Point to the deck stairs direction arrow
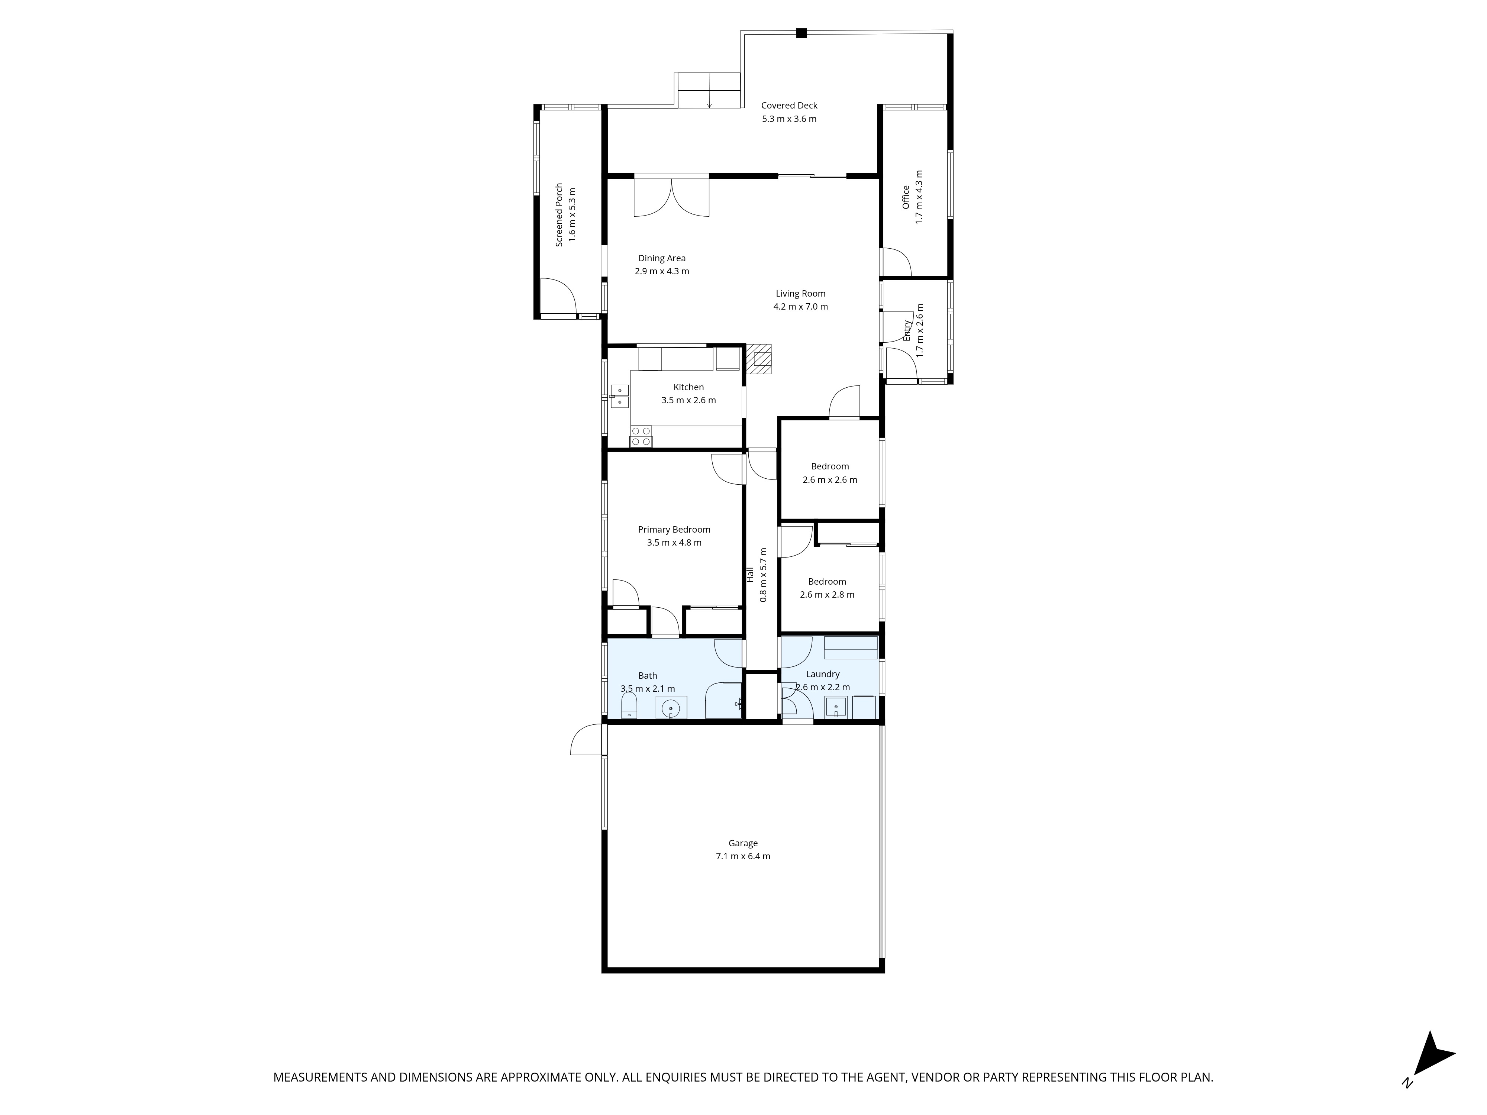(x=709, y=105)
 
